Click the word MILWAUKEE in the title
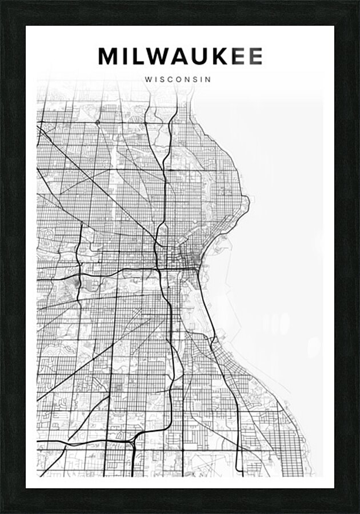tap(180, 57)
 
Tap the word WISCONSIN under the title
tap(178, 80)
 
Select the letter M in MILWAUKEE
tap(108, 57)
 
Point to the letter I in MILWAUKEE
tap(125, 57)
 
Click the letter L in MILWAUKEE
tap(138, 57)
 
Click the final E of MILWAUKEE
tap(256, 57)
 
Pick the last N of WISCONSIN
tap(208, 80)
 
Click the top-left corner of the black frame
tap(2, 2)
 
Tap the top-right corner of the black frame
tap(358, 2)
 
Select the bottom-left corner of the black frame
tap(2, 512)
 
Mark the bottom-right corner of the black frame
tap(358, 512)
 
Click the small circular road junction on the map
tap(98, 122)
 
